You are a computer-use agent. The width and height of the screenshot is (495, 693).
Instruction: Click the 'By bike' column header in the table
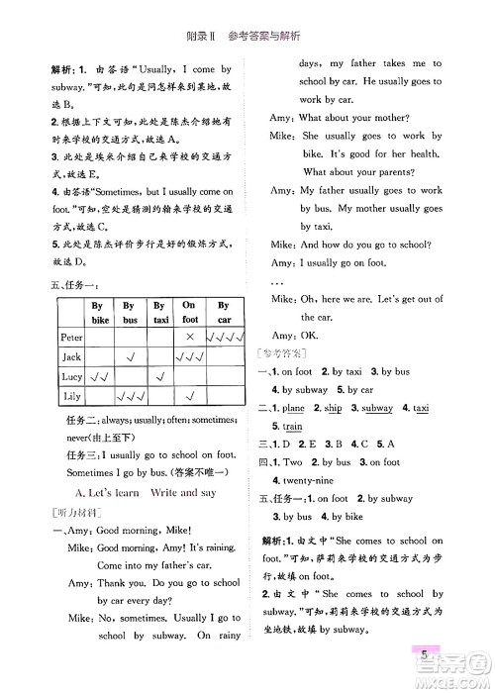98,313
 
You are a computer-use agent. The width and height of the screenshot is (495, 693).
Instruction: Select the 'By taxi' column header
160,313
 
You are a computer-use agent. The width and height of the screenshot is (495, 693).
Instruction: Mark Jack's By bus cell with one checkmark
130,357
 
